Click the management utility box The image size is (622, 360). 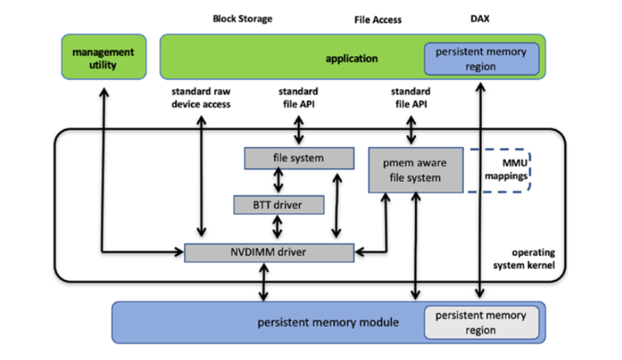[103, 58]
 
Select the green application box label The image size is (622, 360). [351, 58]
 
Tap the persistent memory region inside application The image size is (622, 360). [481, 59]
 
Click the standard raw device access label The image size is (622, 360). [201, 99]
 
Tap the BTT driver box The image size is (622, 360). [279, 205]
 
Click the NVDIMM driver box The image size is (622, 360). [269, 252]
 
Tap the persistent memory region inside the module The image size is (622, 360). [480, 323]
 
